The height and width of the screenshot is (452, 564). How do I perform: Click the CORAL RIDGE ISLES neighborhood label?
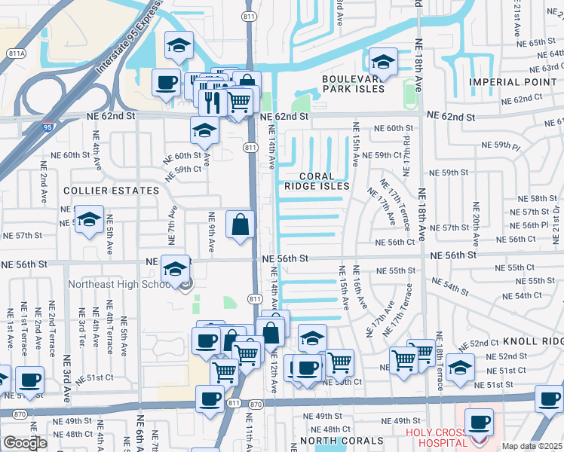point(317,181)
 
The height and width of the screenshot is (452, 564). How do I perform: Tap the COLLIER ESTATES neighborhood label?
point(111,191)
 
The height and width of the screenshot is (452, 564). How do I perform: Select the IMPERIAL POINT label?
point(516,81)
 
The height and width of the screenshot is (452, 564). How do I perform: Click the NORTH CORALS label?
point(342,441)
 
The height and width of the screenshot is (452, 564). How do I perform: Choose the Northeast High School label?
point(123,284)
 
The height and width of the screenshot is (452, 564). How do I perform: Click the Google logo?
point(25,443)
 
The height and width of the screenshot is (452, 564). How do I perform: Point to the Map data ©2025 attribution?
point(532,446)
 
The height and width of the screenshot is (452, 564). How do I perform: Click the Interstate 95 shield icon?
point(48,128)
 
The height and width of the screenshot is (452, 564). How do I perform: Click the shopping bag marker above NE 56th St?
point(240,224)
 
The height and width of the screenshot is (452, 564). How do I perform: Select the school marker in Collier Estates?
point(89,219)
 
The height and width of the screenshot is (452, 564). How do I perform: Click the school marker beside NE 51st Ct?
point(460,368)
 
